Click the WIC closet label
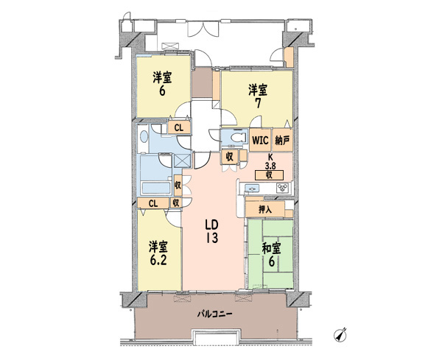click(x=260, y=140)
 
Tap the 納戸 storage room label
click(x=282, y=140)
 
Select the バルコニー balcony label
click(x=215, y=314)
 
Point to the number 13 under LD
click(x=211, y=239)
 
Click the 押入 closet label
click(x=265, y=209)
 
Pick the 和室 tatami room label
click(x=271, y=249)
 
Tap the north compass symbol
click(x=340, y=335)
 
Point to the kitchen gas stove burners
click(x=282, y=188)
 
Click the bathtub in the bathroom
click(x=156, y=188)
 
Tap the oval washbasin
click(x=144, y=137)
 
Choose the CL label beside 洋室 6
click(x=179, y=128)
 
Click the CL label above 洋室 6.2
click(x=153, y=203)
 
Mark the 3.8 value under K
click(x=270, y=166)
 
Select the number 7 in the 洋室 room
click(x=258, y=103)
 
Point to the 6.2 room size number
click(x=158, y=261)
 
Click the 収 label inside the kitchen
click(x=269, y=175)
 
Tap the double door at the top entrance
click(x=203, y=29)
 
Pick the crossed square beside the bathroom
click(x=183, y=161)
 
